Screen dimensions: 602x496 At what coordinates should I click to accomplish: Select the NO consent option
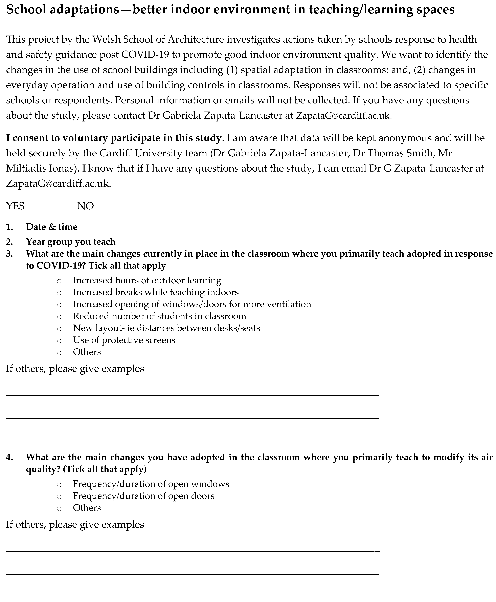(85, 206)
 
